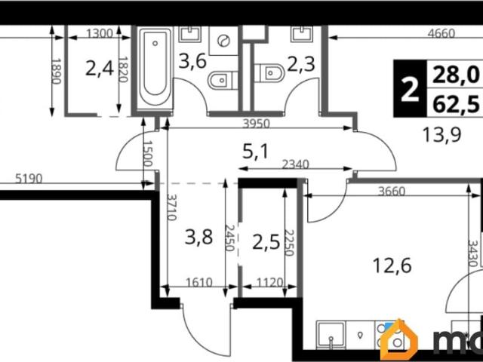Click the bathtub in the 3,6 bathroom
(155, 67)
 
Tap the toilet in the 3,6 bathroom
(223, 81)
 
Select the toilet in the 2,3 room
(269, 73)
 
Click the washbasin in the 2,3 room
(302, 34)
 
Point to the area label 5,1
(255, 152)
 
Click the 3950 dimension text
(256, 124)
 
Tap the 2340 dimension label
(295, 164)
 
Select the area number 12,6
(392, 265)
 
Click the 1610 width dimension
(199, 282)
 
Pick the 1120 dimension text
(269, 282)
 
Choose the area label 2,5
(266, 242)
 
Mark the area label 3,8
(198, 238)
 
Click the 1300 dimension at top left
(100, 33)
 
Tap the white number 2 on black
(410, 89)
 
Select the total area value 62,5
(456, 104)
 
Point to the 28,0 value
(456, 75)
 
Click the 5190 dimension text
(29, 179)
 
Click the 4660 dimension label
(441, 33)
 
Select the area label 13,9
(441, 134)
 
